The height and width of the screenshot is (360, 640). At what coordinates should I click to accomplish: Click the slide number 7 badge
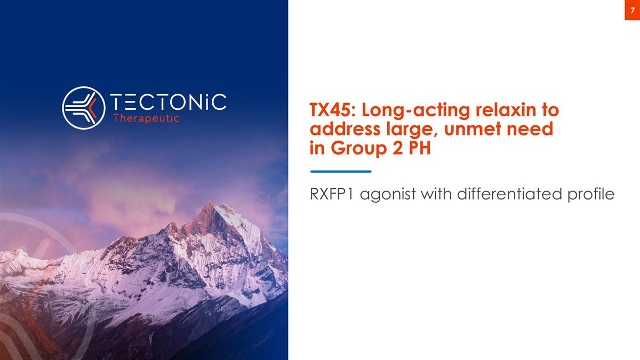coord(632,10)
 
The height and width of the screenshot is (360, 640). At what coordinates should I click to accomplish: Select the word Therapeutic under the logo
coord(147,119)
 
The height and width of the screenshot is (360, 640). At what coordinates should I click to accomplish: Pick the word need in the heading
coord(529,130)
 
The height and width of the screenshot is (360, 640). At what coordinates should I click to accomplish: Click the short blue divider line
coord(340,171)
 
